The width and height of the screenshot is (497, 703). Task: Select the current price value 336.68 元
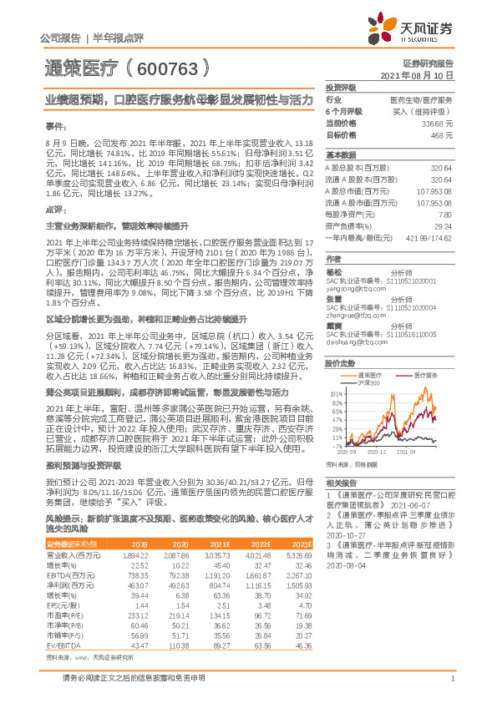439,122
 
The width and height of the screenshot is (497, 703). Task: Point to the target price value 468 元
443,134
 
